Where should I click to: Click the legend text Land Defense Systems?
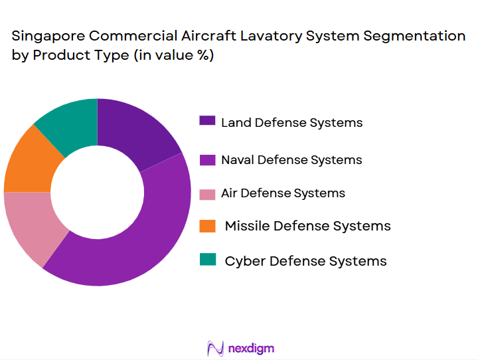pyautogui.click(x=291, y=122)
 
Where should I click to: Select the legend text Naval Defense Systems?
pyautogui.click(x=291, y=159)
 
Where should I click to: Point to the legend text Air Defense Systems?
pyautogui.click(x=283, y=193)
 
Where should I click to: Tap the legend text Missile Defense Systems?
pyautogui.click(x=307, y=226)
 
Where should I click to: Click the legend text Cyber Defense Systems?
pyautogui.click(x=305, y=261)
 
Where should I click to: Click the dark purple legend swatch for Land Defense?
pyautogui.click(x=207, y=121)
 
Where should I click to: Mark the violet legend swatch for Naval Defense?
pyautogui.click(x=207, y=159)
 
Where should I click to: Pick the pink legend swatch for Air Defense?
pyautogui.click(x=207, y=193)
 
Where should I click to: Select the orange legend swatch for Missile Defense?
pyautogui.click(x=207, y=226)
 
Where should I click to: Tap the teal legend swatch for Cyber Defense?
pyautogui.click(x=207, y=260)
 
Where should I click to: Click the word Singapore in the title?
pyautogui.click(x=46, y=37)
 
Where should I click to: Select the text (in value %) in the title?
pyautogui.click(x=173, y=56)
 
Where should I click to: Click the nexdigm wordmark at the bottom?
pyautogui.click(x=251, y=348)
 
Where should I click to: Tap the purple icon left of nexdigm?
pyautogui.click(x=214, y=348)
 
